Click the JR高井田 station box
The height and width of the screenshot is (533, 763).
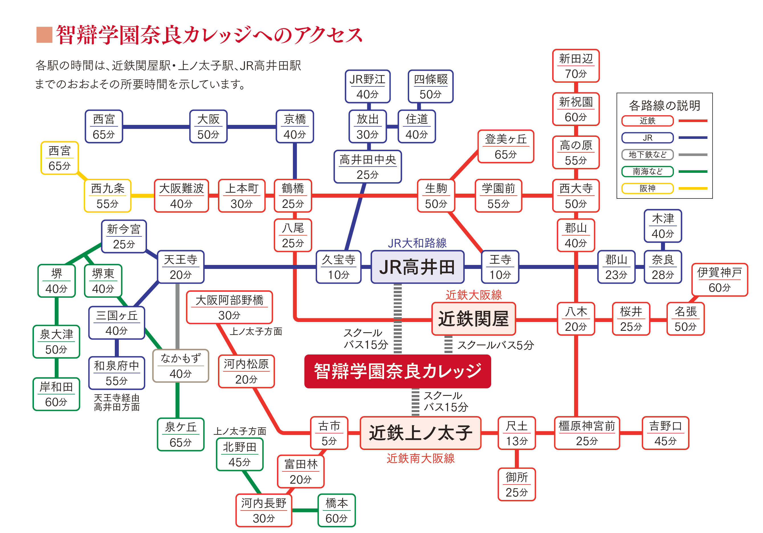(417, 267)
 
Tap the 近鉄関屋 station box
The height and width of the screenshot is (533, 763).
(473, 319)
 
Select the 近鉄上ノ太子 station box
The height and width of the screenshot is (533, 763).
(420, 433)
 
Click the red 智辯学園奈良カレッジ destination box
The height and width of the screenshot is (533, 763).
(397, 371)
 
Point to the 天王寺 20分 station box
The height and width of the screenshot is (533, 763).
(180, 267)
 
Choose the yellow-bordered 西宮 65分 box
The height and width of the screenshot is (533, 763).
(60, 158)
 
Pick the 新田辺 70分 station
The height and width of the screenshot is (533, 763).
(576, 66)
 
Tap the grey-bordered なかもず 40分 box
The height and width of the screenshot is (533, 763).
(180, 366)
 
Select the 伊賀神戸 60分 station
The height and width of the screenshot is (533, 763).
(719, 279)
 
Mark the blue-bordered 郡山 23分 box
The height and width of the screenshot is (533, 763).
(616, 267)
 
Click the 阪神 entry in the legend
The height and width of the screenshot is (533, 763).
(647, 188)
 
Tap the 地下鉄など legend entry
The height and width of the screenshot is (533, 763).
(647, 154)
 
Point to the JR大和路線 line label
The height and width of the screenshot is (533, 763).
(417, 243)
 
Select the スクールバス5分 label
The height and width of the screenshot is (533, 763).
(495, 345)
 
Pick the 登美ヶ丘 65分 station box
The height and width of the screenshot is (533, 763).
(505, 146)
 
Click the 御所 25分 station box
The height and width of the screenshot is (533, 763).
(517, 484)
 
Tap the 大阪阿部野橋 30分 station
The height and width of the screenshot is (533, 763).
(229, 307)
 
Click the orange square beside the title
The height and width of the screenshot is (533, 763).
(44, 35)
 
